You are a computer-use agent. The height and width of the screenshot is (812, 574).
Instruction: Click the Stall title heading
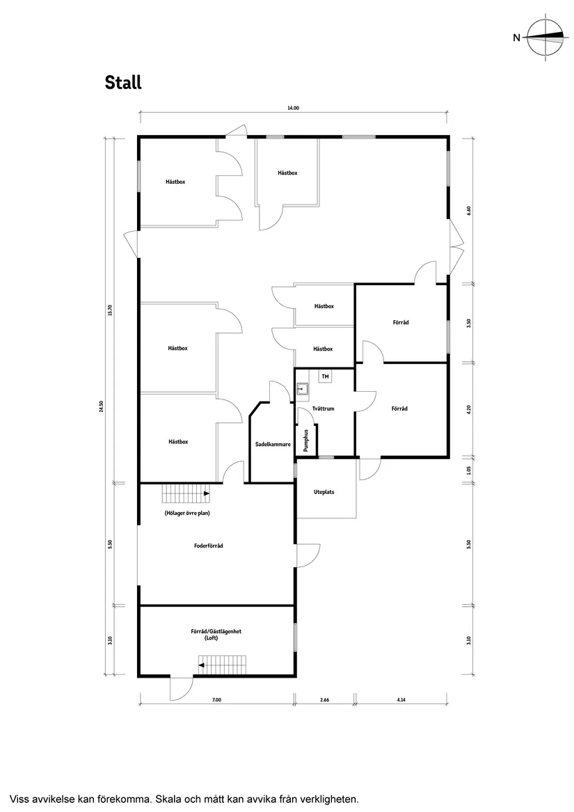point(122,82)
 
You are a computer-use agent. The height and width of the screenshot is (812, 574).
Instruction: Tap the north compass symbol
point(545,38)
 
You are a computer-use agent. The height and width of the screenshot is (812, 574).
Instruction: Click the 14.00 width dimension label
point(293,109)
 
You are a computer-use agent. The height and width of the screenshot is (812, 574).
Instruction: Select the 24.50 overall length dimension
point(102,406)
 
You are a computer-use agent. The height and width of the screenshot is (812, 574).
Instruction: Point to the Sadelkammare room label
point(273,444)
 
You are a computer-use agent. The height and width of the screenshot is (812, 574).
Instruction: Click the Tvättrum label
point(324,408)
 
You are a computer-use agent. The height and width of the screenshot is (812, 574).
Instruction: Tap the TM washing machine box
point(326,376)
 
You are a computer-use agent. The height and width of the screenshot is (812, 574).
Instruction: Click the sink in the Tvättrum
point(303,390)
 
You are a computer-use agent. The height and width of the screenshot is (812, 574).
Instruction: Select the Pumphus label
point(305,440)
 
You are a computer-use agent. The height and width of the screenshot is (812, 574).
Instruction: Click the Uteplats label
point(324,492)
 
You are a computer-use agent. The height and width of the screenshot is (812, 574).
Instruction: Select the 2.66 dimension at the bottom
point(325,699)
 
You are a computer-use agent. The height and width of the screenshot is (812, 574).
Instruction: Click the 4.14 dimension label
point(401,699)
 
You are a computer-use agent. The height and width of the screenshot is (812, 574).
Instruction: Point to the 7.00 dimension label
point(216,699)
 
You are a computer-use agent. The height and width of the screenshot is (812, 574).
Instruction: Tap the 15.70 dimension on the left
point(109,310)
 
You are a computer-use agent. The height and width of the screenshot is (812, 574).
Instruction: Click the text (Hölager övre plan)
point(187,514)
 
